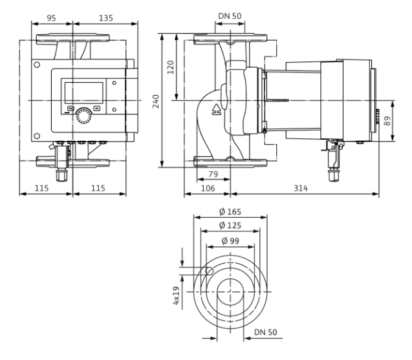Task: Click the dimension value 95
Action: [51, 18]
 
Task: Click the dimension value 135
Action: [106, 18]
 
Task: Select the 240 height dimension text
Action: [156, 101]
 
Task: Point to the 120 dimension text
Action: [171, 67]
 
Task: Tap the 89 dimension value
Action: [387, 121]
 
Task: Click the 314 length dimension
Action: [301, 188]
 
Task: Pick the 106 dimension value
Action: [208, 188]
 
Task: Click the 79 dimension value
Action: [213, 174]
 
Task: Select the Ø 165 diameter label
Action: [230, 211]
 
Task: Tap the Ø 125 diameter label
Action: [230, 226]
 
